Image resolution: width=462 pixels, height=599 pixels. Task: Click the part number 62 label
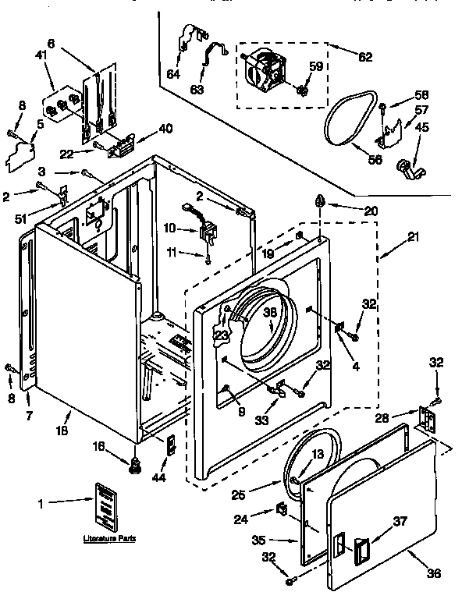364,57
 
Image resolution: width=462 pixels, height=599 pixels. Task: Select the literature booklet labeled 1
106,506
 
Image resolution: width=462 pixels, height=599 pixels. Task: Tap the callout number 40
165,129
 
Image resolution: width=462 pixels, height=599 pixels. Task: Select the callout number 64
172,74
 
